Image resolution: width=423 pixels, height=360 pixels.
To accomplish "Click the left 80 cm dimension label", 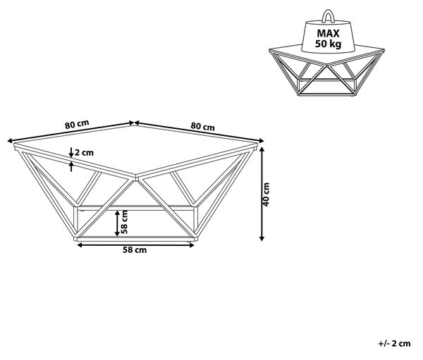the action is coord(77,124).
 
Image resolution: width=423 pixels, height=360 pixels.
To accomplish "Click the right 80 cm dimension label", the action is coord(203,126).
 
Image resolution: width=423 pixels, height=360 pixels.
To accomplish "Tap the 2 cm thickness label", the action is coord(84,153).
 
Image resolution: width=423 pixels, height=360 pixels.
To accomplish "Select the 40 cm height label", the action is coord(266,194).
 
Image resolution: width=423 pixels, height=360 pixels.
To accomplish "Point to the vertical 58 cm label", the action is coord(124,222).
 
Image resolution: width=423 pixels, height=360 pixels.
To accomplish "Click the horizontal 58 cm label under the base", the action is coord(135,250).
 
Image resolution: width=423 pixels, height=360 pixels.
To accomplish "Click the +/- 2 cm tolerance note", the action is coord(394,344).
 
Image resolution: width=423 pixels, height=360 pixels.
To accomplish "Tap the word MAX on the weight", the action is coord(328,33).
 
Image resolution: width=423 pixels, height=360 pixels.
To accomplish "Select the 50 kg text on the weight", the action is coord(328,44).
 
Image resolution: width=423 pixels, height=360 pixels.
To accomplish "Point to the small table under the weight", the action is coord(326,71).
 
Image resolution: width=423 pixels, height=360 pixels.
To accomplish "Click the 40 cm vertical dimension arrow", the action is coord(262,194).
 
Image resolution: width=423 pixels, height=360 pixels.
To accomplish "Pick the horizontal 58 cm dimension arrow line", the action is coord(135,245).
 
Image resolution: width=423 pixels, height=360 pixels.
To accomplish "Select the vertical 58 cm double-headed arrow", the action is coord(117,223).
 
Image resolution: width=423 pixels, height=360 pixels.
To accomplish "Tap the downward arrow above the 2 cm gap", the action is coord(71,152).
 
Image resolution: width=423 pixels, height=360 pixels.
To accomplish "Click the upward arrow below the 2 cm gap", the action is coord(71,166).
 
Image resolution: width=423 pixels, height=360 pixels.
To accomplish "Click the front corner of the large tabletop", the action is coord(135,178).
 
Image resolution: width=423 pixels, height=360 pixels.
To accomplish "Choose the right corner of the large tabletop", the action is coord(257,146).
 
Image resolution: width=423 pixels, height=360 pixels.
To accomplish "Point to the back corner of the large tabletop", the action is coord(135,125).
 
